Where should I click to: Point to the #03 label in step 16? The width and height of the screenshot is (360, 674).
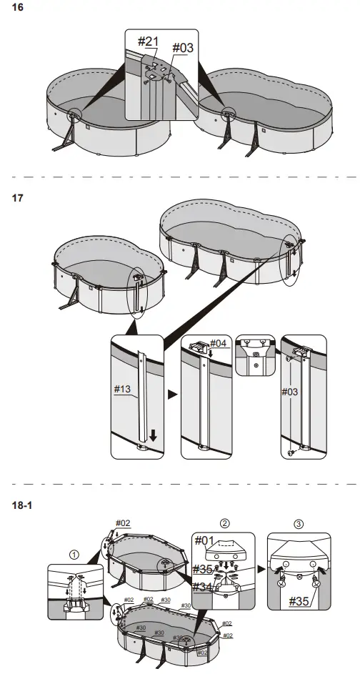(184, 49)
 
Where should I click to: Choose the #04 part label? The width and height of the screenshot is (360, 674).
(219, 343)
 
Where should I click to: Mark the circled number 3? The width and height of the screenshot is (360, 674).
(298, 522)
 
